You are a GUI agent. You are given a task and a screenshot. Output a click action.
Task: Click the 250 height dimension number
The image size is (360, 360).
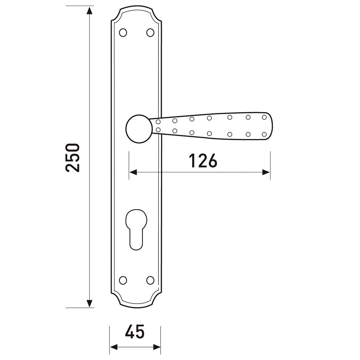(x=72, y=158)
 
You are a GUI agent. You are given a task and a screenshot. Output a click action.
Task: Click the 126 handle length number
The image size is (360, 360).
(x=203, y=161)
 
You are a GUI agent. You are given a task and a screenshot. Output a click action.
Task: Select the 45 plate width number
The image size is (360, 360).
(x=135, y=332)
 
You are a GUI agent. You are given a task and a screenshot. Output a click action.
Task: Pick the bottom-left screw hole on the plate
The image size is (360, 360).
(x=123, y=280)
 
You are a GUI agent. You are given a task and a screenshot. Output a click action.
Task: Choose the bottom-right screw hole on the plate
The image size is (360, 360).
(x=150, y=280)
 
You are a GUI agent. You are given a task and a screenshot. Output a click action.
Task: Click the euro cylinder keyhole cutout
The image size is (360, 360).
(x=136, y=230)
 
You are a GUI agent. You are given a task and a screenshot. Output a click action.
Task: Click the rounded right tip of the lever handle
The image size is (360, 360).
(x=271, y=126)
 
